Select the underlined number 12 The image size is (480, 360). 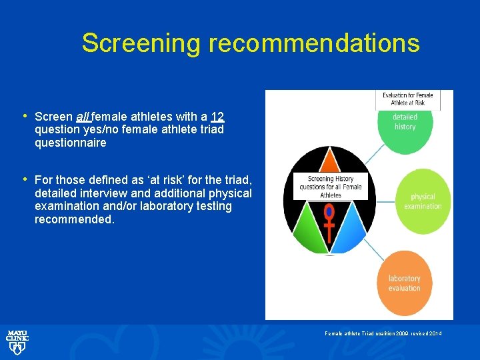217,117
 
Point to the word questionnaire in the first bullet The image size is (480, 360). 70,143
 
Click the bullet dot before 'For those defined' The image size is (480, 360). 25,179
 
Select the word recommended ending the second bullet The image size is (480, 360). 74,219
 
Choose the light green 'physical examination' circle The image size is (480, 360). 423,201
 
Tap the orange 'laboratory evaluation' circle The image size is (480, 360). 405,283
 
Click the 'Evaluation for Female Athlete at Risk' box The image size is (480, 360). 407,99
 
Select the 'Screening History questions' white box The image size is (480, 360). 331,187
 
